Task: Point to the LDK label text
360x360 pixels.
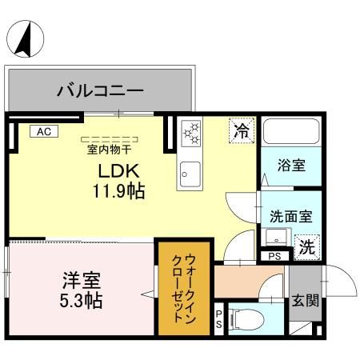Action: [119, 171]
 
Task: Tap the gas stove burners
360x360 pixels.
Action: [191, 134]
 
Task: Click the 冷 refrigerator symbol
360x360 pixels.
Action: [239, 131]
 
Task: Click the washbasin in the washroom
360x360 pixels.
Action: [276, 238]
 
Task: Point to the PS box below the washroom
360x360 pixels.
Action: [274, 257]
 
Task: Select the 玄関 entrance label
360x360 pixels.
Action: [304, 301]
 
